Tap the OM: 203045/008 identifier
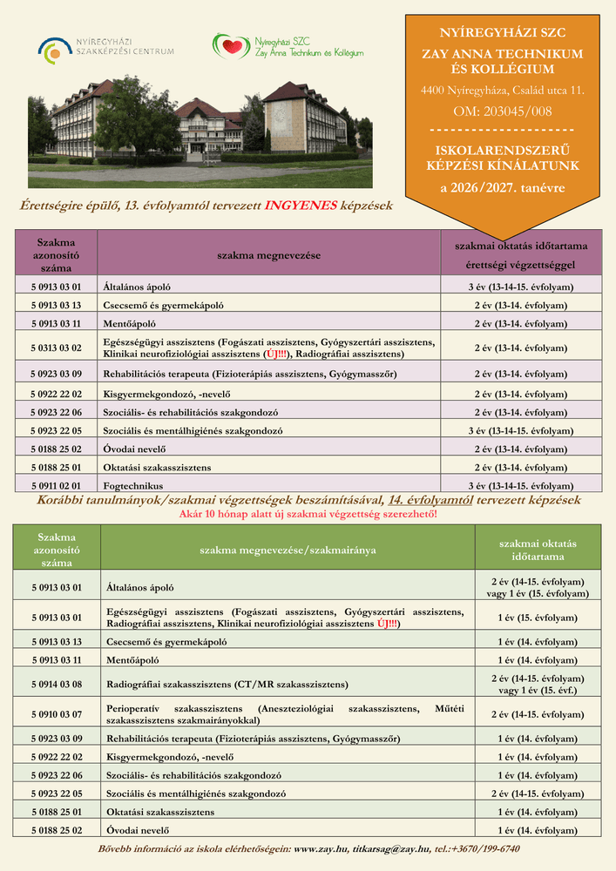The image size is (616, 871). [503, 111]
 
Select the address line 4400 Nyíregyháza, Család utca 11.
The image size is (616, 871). [503, 90]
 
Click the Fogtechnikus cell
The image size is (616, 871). [133, 485]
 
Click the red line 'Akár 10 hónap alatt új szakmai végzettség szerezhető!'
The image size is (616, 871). [308, 514]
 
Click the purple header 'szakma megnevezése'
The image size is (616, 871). [268, 255]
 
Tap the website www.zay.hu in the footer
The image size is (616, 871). [322, 848]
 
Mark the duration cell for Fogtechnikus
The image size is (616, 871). [520, 485]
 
